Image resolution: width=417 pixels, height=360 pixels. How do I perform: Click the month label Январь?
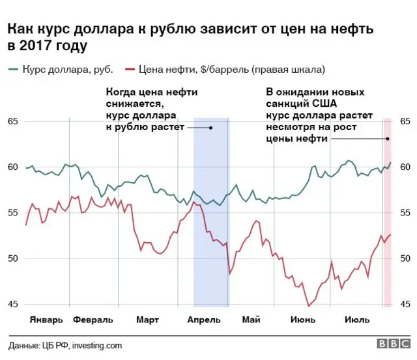pyautogui.click(x=46, y=320)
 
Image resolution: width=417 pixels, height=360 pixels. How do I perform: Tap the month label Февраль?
pyautogui.click(x=93, y=320)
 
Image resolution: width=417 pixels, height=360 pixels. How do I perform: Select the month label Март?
pyautogui.click(x=147, y=320)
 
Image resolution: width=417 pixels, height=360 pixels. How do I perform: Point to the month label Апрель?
pyautogui.click(x=204, y=320)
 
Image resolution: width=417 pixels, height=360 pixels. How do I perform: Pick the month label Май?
pyautogui.click(x=250, y=320)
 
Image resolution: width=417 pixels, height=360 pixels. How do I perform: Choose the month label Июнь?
pyautogui.click(x=302, y=320)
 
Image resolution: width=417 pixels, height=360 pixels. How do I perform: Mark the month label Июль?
pyautogui.click(x=356, y=320)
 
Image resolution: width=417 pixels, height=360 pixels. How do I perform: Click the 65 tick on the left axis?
pyautogui.click(x=12, y=122)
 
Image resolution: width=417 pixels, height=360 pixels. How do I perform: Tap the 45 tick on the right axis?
pyautogui.click(x=405, y=304)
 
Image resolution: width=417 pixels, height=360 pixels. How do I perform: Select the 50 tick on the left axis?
pyautogui.click(x=12, y=258)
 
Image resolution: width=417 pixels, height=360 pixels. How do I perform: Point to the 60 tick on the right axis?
pyautogui.click(x=405, y=167)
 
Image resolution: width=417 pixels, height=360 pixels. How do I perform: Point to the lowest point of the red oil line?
pyautogui.click(x=309, y=305)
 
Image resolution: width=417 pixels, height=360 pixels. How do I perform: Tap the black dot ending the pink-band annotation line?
pyautogui.click(x=387, y=139)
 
